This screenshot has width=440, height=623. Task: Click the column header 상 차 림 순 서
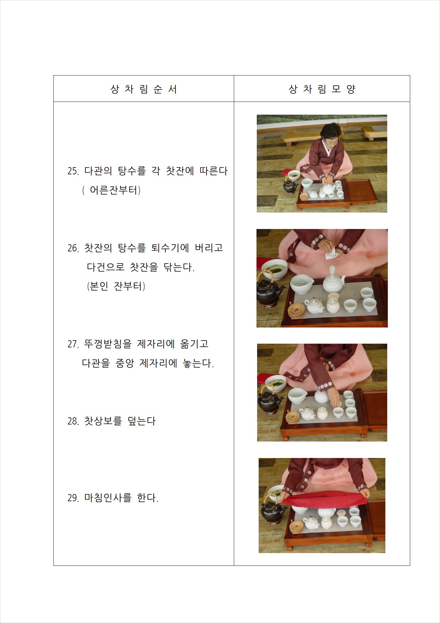144,89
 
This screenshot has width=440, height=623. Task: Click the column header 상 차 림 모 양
322,89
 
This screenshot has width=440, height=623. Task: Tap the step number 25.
74,171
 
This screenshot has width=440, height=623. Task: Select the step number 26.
74,248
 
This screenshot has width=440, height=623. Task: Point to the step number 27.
74,344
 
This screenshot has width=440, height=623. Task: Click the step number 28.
74,421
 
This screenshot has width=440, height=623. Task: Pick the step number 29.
74,498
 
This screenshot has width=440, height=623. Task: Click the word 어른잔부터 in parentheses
113,190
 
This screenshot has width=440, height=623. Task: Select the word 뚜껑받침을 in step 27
108,344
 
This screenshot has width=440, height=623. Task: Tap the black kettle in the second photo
269,291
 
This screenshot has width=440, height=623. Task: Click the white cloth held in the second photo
331,254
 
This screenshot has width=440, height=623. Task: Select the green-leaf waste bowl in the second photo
274,269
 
